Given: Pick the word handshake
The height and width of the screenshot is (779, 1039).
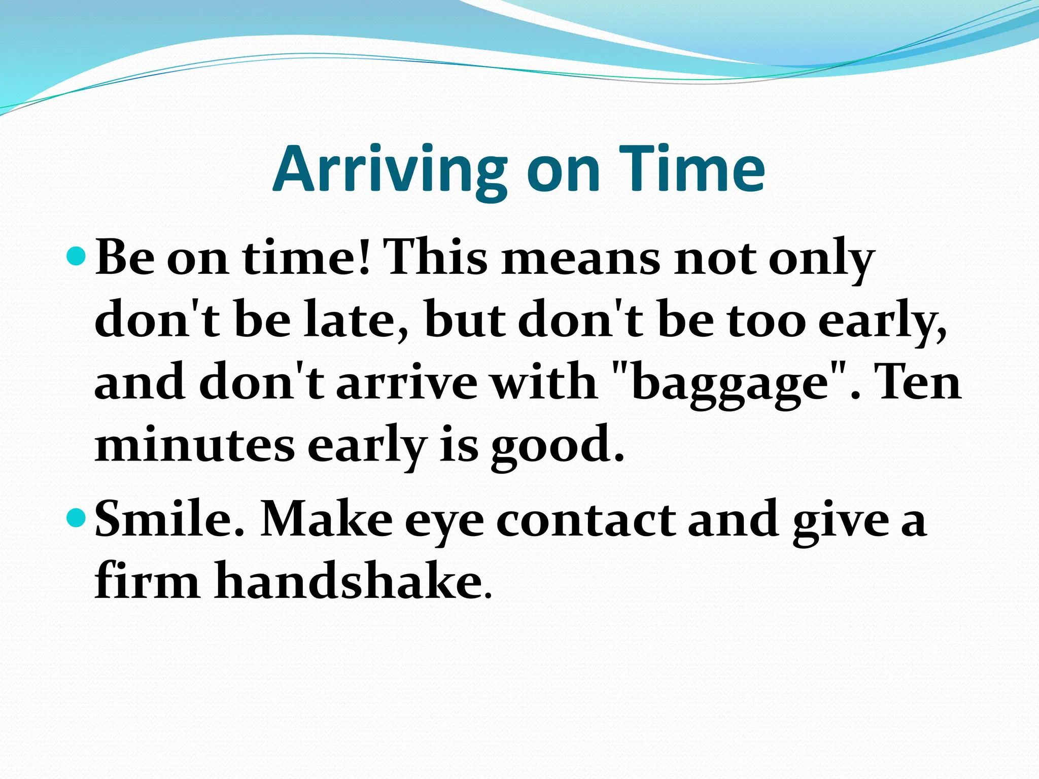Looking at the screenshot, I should (347, 580).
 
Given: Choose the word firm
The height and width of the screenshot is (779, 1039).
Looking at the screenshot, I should (147, 580).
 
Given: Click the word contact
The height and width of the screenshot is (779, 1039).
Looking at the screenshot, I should (585, 519).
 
